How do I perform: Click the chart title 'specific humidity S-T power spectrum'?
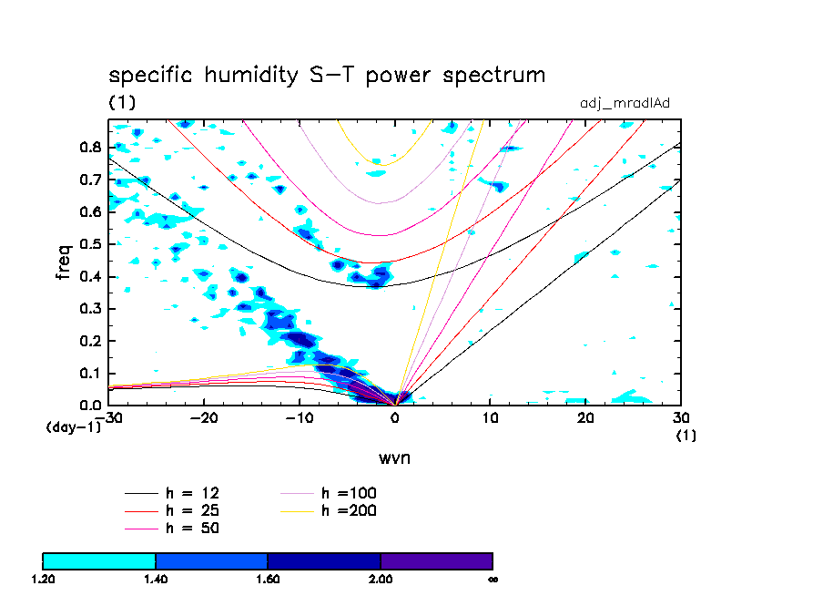click(327, 76)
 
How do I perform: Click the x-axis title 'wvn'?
click(394, 457)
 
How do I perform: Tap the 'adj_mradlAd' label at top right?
click(625, 103)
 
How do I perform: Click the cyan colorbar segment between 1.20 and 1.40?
click(99, 560)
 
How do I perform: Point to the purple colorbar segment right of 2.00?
click(436, 560)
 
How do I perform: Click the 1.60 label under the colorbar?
click(268, 579)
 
